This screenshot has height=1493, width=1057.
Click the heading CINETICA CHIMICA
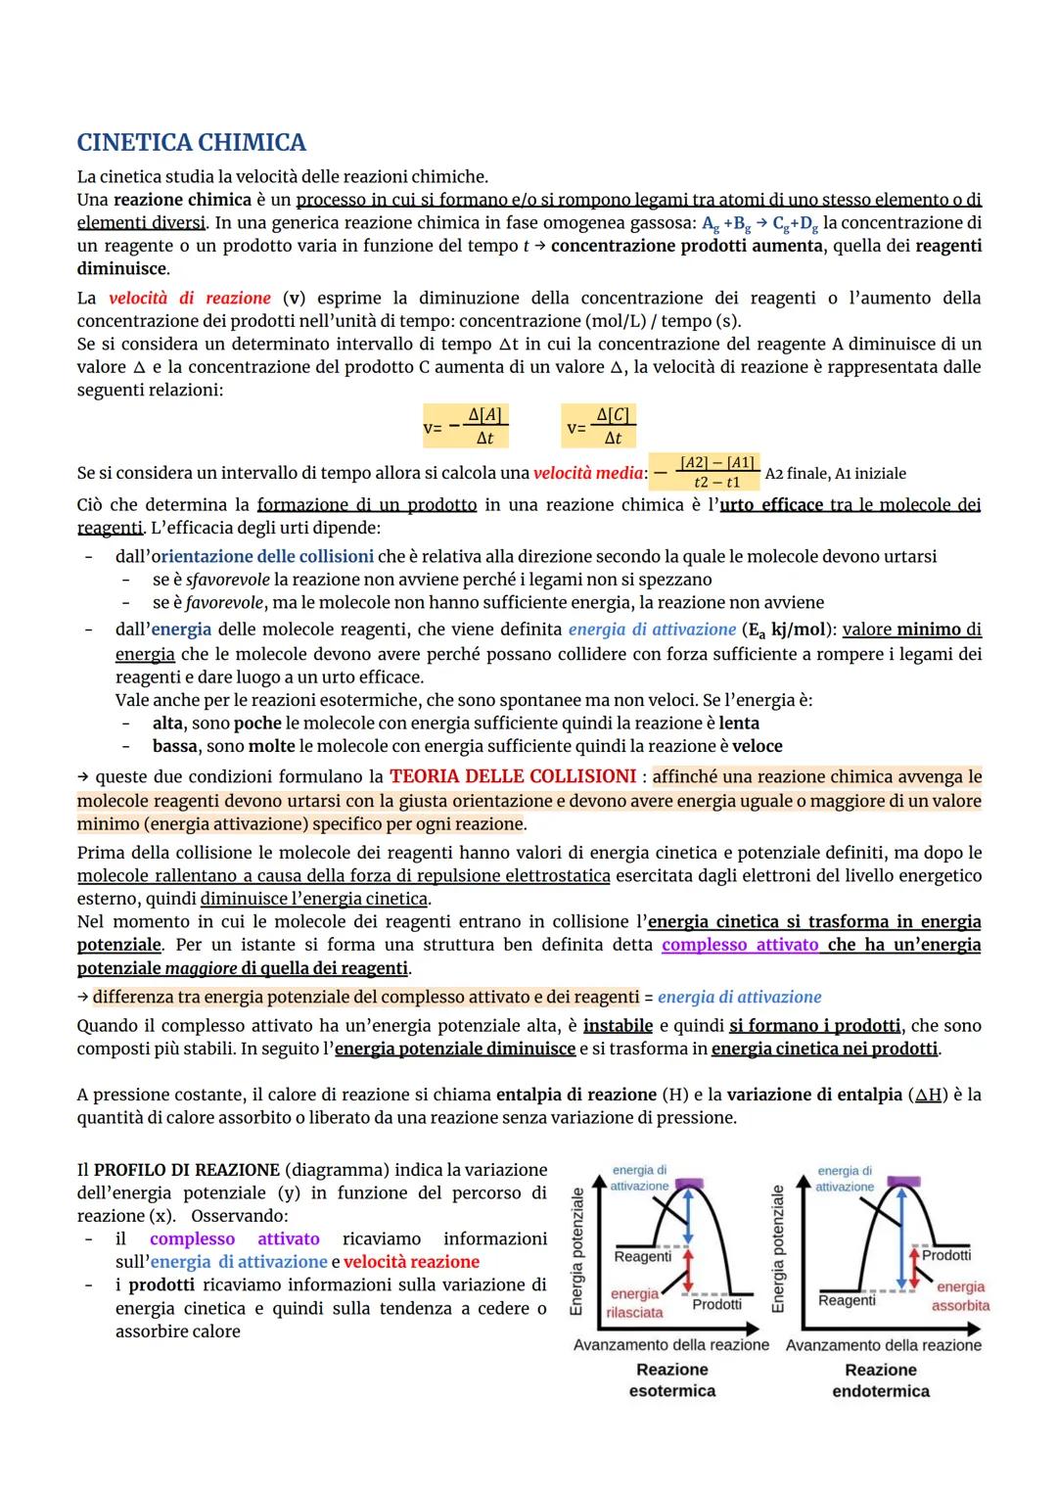[191, 143]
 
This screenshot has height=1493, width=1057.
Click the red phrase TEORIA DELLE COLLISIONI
[513, 776]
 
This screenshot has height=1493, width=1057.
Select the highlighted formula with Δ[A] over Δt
[466, 426]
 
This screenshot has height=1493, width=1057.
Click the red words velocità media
[588, 473]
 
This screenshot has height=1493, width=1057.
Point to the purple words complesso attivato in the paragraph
[740, 945]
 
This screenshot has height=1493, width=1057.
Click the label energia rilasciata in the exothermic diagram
[634, 1303]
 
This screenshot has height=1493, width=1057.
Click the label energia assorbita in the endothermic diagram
[960, 1296]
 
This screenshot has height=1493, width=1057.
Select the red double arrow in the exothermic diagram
[688, 1270]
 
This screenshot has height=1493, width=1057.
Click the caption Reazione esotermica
[671, 1379]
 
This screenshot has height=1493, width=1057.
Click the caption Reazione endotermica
[880, 1379]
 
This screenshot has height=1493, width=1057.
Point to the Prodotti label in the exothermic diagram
[716, 1304]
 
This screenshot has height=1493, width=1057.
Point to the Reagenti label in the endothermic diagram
[847, 1300]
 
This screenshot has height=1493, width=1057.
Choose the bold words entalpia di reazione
[575, 1095]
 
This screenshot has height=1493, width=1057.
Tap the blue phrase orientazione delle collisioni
[261, 556]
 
